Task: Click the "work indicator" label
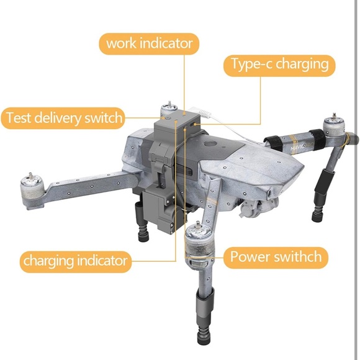click(149, 43)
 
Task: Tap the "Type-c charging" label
click(279, 65)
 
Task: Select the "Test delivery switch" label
click(63, 118)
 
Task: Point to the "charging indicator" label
click(76, 262)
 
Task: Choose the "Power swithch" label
click(276, 258)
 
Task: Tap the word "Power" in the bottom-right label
click(250, 256)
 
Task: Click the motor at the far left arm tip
click(32, 188)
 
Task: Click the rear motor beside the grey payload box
click(169, 109)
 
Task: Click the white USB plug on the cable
click(204, 113)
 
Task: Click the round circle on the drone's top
click(210, 144)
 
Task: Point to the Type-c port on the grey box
click(192, 124)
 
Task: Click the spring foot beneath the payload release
click(143, 233)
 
